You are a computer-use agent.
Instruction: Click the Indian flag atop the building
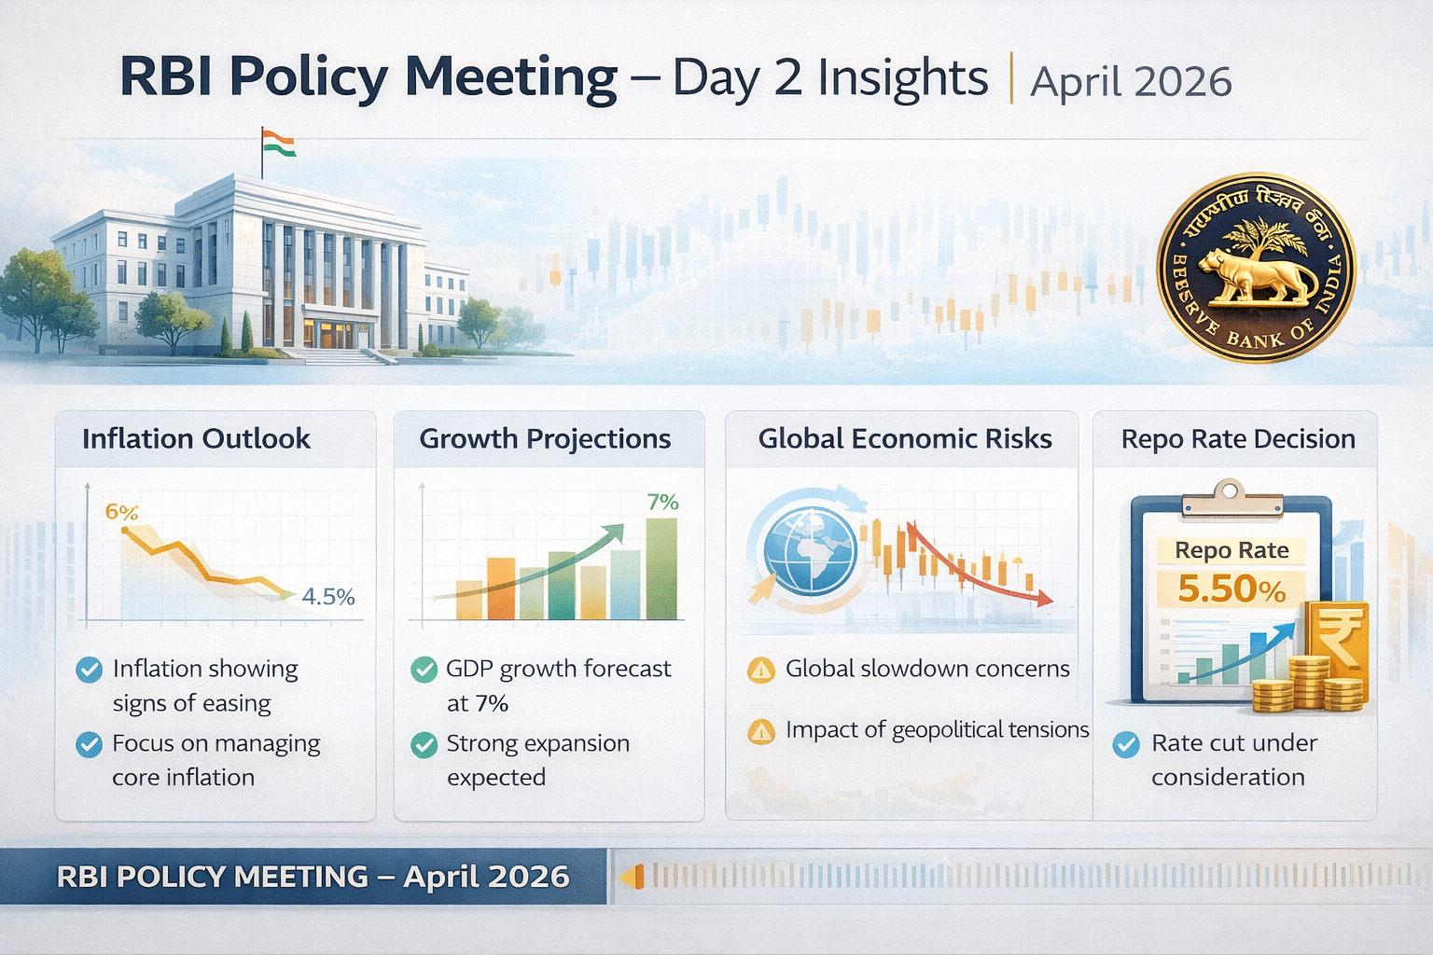278,143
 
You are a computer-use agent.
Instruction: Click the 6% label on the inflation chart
121,512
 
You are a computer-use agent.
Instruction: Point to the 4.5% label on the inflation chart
328,597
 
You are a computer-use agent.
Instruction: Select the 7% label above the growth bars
662,503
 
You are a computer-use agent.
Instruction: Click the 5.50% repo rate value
1231,589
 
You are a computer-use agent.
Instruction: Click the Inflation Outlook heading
196,439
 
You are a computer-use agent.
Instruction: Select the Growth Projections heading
545,439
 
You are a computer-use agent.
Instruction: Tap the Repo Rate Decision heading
1238,439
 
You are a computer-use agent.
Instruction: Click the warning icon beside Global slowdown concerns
761,670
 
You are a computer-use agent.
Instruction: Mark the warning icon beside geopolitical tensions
761,732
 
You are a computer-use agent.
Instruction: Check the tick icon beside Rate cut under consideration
1126,744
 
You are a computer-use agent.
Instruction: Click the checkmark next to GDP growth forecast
424,669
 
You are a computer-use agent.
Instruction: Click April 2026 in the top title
1131,82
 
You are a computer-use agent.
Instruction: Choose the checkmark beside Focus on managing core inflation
90,744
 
